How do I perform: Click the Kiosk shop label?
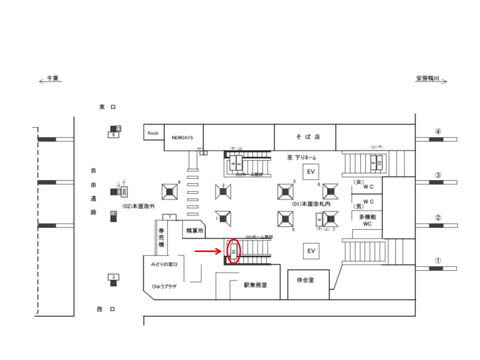click(153, 133)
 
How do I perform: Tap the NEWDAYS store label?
click(182, 137)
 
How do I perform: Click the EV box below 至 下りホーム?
click(311, 171)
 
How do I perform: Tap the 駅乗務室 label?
click(255, 285)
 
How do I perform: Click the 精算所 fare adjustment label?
click(194, 230)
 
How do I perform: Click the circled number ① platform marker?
click(438, 260)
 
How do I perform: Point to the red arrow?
click(207, 251)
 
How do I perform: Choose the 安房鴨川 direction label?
click(427, 78)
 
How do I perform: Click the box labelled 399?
click(124, 191)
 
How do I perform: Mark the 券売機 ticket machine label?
click(161, 238)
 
